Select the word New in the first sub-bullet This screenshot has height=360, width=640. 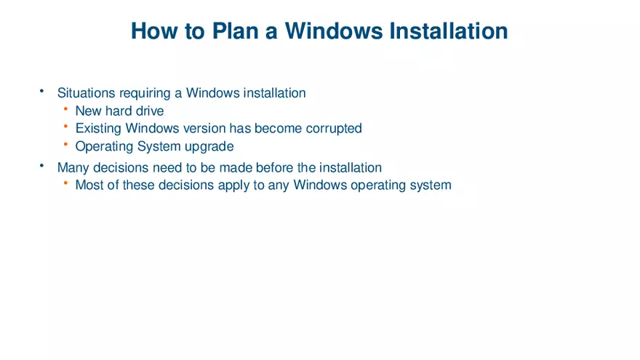tap(89, 111)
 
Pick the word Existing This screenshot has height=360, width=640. tap(98, 129)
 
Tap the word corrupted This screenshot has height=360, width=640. tap(334, 129)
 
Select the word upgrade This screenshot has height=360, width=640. tap(209, 146)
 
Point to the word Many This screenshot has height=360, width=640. tap(73, 168)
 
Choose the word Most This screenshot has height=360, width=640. tap(90, 185)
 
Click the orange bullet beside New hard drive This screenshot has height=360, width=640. tap(65, 110)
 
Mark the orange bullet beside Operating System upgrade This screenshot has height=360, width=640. tap(65, 145)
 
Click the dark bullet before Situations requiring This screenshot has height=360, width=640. tap(42, 92)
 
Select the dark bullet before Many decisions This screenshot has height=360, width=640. tap(42, 167)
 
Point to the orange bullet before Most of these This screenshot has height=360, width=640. tap(65, 183)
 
